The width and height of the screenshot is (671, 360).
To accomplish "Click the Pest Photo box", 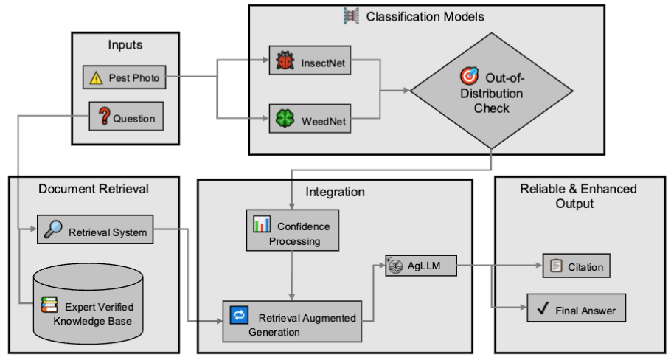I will click(124, 77).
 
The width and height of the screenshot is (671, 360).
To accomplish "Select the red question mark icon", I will click(103, 117).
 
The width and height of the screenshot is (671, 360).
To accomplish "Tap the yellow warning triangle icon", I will click(97, 77).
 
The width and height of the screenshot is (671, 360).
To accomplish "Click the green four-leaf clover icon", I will click(285, 118).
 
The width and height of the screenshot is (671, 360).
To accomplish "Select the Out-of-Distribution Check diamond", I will click(492, 92).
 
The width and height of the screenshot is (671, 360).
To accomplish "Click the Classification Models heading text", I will click(415, 15).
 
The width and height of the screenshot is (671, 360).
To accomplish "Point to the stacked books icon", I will click(49, 305).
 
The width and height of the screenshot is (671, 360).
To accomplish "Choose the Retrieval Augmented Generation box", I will click(293, 321).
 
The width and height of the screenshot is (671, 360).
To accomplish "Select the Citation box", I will click(577, 266).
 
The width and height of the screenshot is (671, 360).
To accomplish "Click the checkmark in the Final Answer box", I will click(545, 309).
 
